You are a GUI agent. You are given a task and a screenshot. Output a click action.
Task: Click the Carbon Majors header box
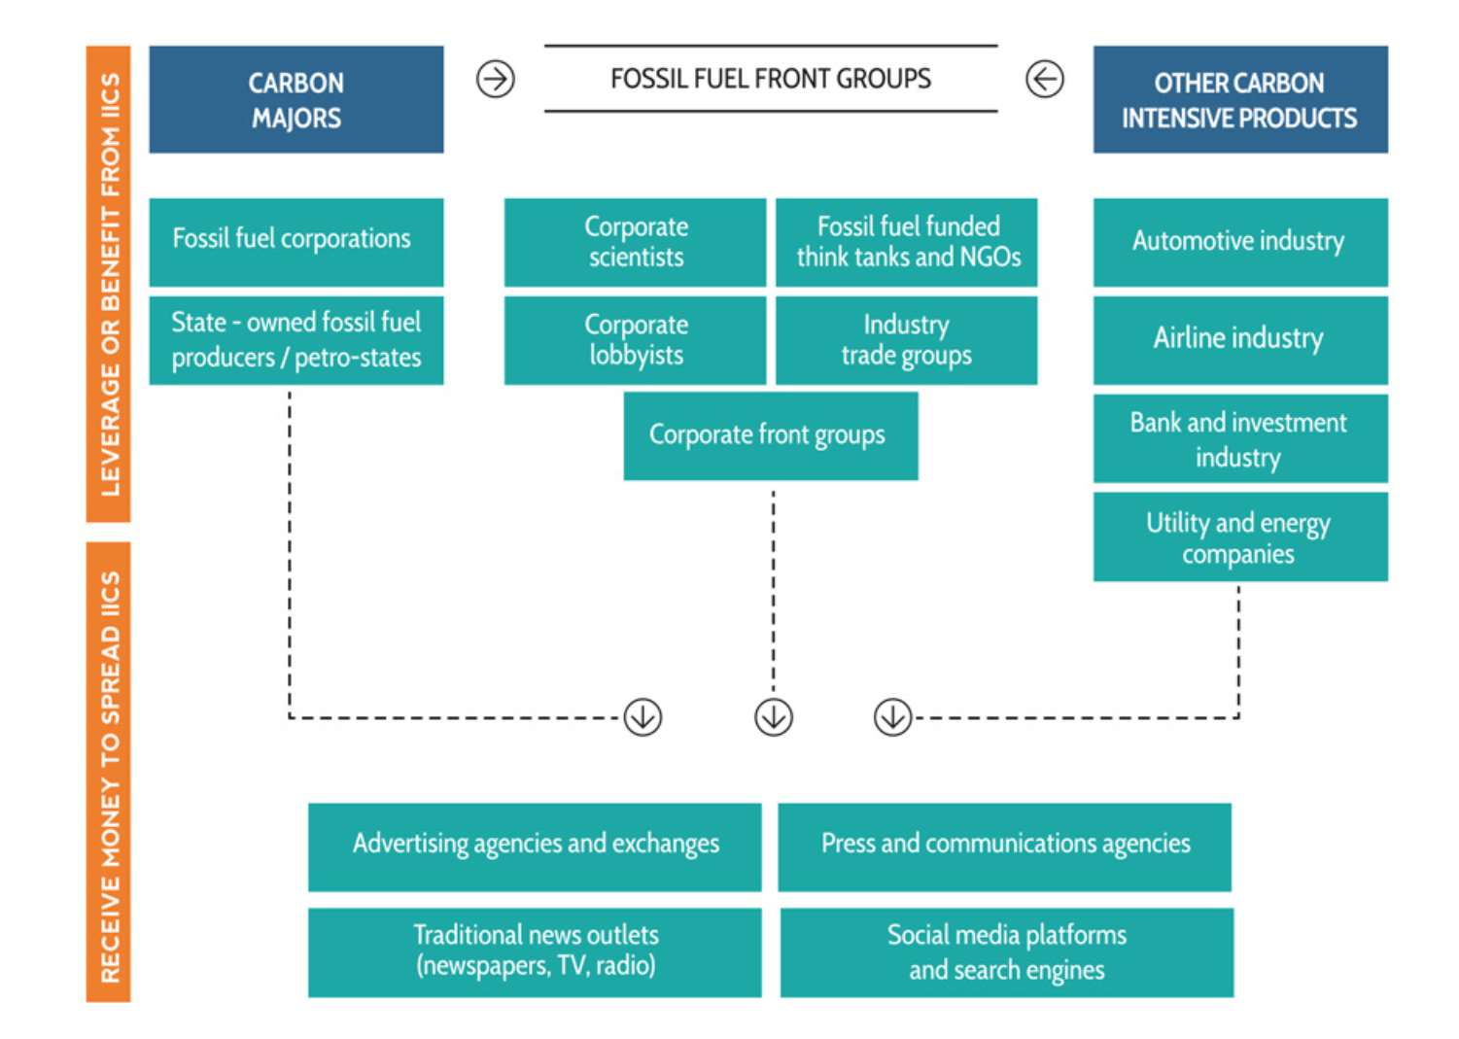coord(296,99)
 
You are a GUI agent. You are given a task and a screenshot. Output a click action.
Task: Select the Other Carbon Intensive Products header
coord(1239,99)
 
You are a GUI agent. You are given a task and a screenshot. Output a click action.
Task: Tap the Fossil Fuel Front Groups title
coord(770,79)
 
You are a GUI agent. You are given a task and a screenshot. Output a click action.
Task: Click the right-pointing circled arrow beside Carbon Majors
coord(496,79)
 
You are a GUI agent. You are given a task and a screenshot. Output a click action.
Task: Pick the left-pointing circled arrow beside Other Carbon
coord(1045,79)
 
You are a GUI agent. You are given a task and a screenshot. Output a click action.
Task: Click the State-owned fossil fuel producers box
coord(296,340)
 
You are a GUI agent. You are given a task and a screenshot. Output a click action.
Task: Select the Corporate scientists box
coord(635,242)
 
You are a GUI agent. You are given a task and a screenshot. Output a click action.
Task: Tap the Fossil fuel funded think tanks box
coord(906,242)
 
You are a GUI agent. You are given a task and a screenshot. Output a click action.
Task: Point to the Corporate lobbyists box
coord(635,340)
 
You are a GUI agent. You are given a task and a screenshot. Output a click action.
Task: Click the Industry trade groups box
coord(906,340)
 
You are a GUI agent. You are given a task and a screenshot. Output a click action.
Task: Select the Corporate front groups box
coord(770,435)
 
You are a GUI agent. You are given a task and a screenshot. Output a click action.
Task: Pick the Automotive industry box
coord(1239,242)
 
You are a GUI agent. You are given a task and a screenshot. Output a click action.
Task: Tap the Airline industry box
coord(1239,340)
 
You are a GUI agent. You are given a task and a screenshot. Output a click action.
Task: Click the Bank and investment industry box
coord(1239,438)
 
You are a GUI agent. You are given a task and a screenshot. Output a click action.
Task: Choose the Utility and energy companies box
coord(1239,537)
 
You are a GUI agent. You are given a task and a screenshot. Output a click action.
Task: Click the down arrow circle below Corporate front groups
coord(774,717)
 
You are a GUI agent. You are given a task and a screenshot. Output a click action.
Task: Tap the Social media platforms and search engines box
coord(1006,952)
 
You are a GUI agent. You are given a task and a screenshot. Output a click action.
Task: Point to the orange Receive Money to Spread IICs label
coord(109,772)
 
